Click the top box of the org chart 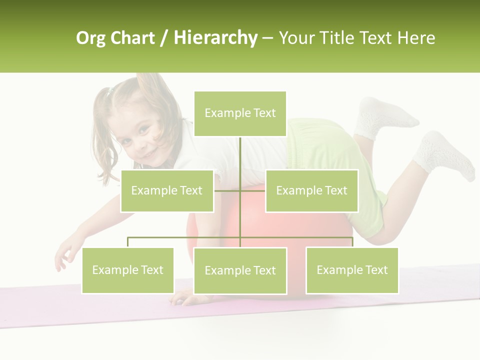coord(240,113)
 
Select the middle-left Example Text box coord(167,190)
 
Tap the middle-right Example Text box coord(311,190)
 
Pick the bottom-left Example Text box coord(128,270)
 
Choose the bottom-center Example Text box coord(240,270)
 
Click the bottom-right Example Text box coord(352,270)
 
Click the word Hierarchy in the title coord(215,38)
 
